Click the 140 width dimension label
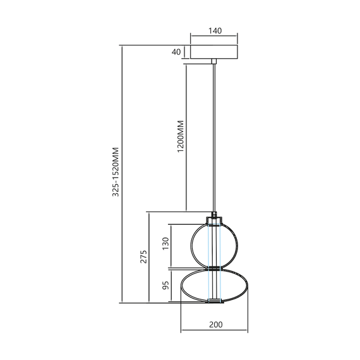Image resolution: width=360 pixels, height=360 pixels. click(x=215, y=29)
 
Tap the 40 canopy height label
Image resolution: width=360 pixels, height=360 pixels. click(x=176, y=52)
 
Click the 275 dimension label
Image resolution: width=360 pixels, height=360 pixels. click(x=143, y=256)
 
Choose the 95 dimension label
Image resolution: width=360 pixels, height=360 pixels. click(x=165, y=284)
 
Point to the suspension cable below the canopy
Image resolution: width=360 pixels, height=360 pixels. click(x=215, y=139)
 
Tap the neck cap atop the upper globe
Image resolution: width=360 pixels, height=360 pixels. click(x=215, y=219)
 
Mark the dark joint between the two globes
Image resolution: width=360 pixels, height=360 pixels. click(x=215, y=268)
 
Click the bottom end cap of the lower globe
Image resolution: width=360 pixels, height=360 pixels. click(x=215, y=301)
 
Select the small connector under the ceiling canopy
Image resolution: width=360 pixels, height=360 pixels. click(x=215, y=61)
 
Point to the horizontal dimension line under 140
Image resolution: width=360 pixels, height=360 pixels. click(x=215, y=37)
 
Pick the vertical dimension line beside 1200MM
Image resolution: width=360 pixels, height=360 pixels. click(x=186, y=136)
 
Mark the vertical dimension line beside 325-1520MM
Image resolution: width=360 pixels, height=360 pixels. click(x=122, y=174)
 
